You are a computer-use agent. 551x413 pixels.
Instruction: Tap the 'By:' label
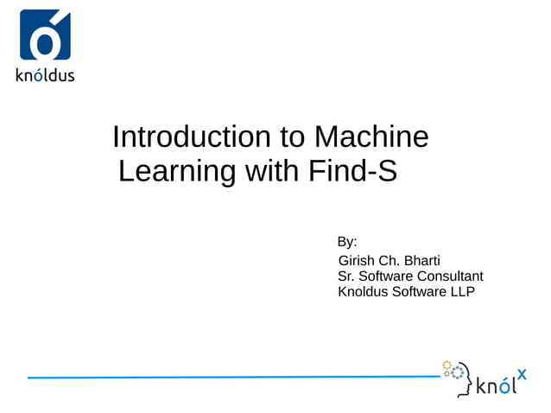347,242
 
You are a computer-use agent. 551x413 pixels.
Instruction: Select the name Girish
358,260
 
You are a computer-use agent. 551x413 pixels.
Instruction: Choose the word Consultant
450,276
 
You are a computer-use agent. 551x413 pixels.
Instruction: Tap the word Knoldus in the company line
364,291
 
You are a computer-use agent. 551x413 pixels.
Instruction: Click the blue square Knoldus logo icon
45,35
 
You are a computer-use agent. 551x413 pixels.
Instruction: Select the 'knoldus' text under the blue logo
45,74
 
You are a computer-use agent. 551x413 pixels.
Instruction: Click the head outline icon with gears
457,377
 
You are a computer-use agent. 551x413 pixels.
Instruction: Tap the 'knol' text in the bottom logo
495,385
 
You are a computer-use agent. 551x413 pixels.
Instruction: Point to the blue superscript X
522,374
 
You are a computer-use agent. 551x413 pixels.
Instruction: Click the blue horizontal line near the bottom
233,377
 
